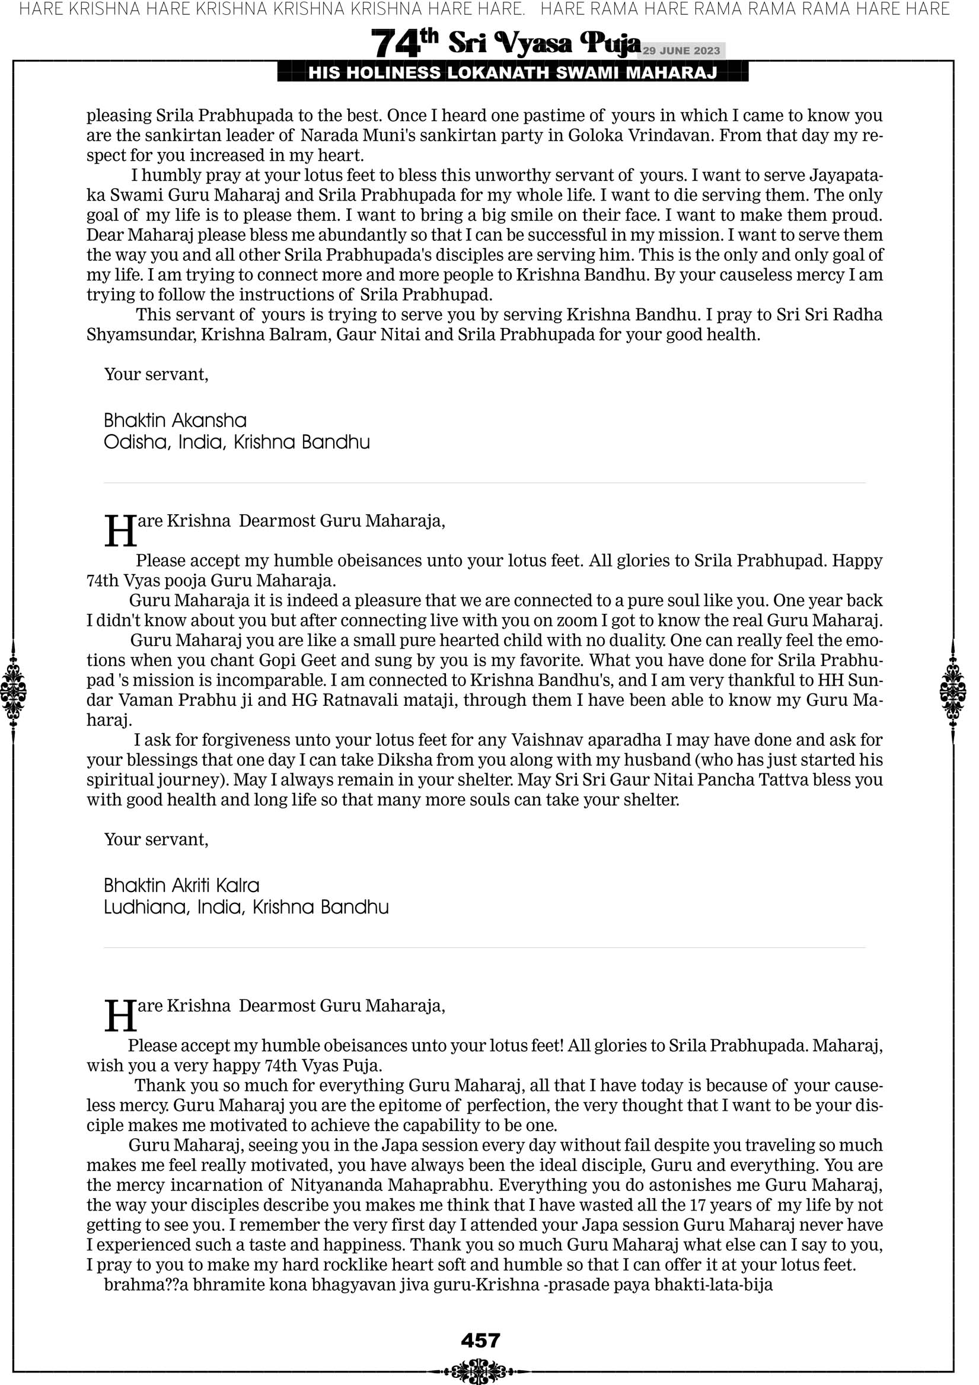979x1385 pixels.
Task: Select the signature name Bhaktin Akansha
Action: click(x=175, y=421)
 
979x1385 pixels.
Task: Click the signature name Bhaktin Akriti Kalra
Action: click(x=181, y=886)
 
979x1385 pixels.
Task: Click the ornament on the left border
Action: click(x=12, y=690)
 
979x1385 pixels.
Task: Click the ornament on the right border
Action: click(x=954, y=690)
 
